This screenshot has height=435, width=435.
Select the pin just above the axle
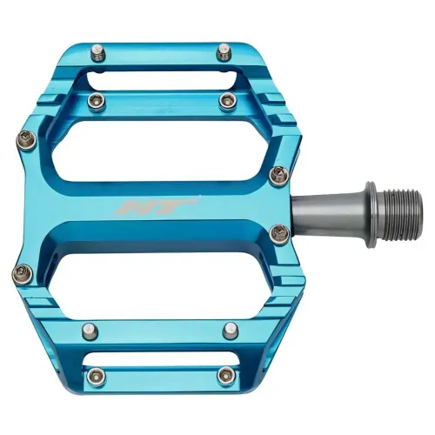tap(278, 177)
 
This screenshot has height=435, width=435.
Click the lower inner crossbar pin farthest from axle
tap(89, 331)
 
